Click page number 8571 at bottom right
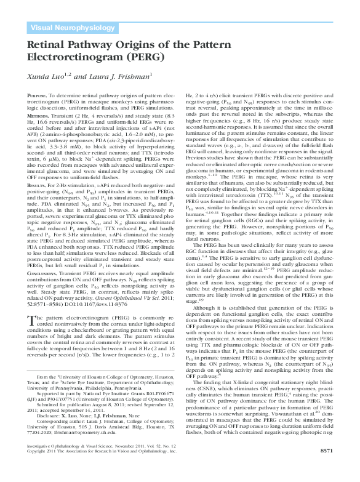[333, 467]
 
